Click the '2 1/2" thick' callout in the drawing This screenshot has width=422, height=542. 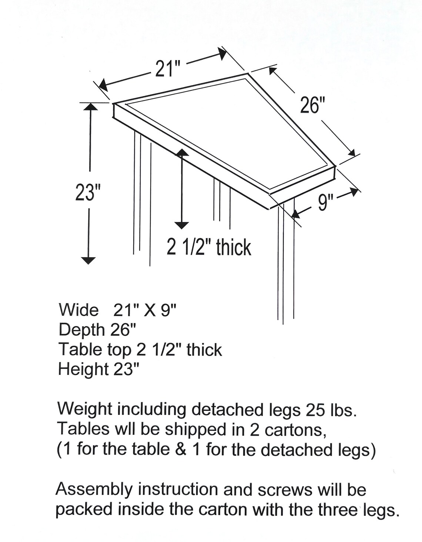[209, 247]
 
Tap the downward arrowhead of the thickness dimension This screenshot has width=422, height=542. [181, 225]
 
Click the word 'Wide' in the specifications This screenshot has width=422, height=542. [79, 310]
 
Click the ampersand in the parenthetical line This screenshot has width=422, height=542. [180, 449]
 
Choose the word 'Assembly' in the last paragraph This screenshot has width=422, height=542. [94, 490]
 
